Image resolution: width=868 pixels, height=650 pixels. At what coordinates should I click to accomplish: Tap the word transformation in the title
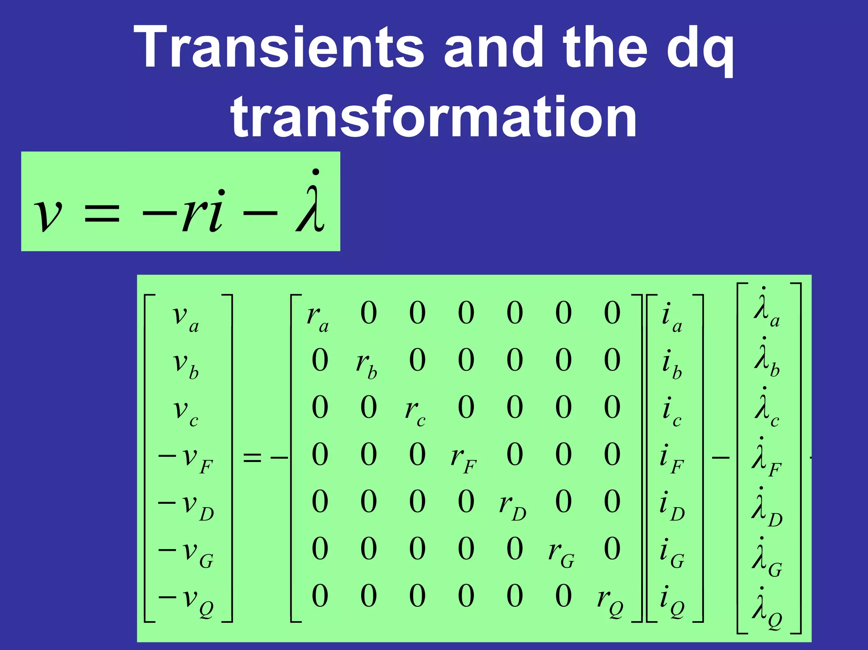[434, 117]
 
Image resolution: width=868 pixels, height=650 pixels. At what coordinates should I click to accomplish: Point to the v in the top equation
[47, 214]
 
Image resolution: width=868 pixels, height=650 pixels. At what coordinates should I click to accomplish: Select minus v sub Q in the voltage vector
[186, 600]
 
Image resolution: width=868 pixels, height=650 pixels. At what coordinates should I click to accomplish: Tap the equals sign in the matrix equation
[252, 458]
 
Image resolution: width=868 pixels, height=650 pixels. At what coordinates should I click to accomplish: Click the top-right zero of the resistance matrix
[612, 314]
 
